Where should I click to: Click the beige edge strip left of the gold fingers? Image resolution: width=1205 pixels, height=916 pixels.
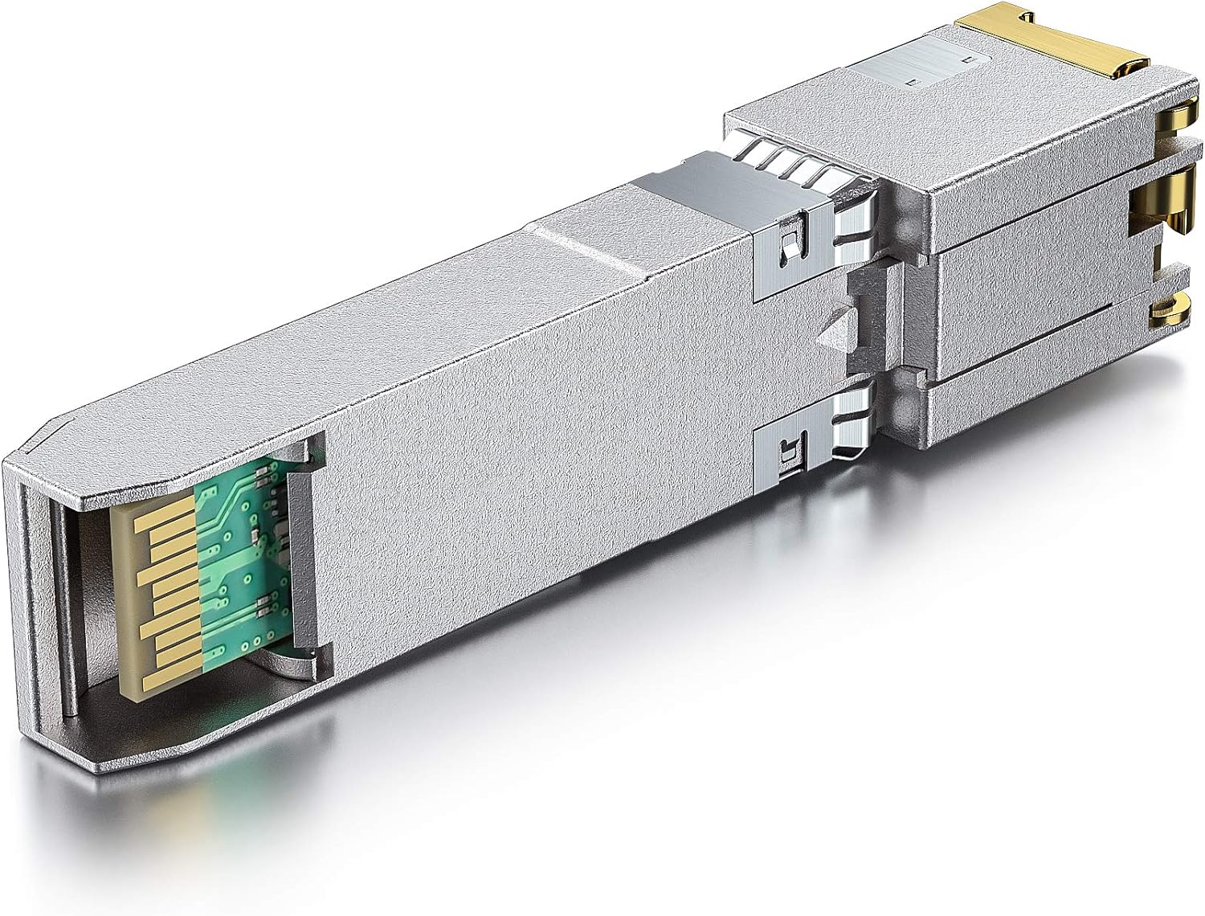pos(129,595)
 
